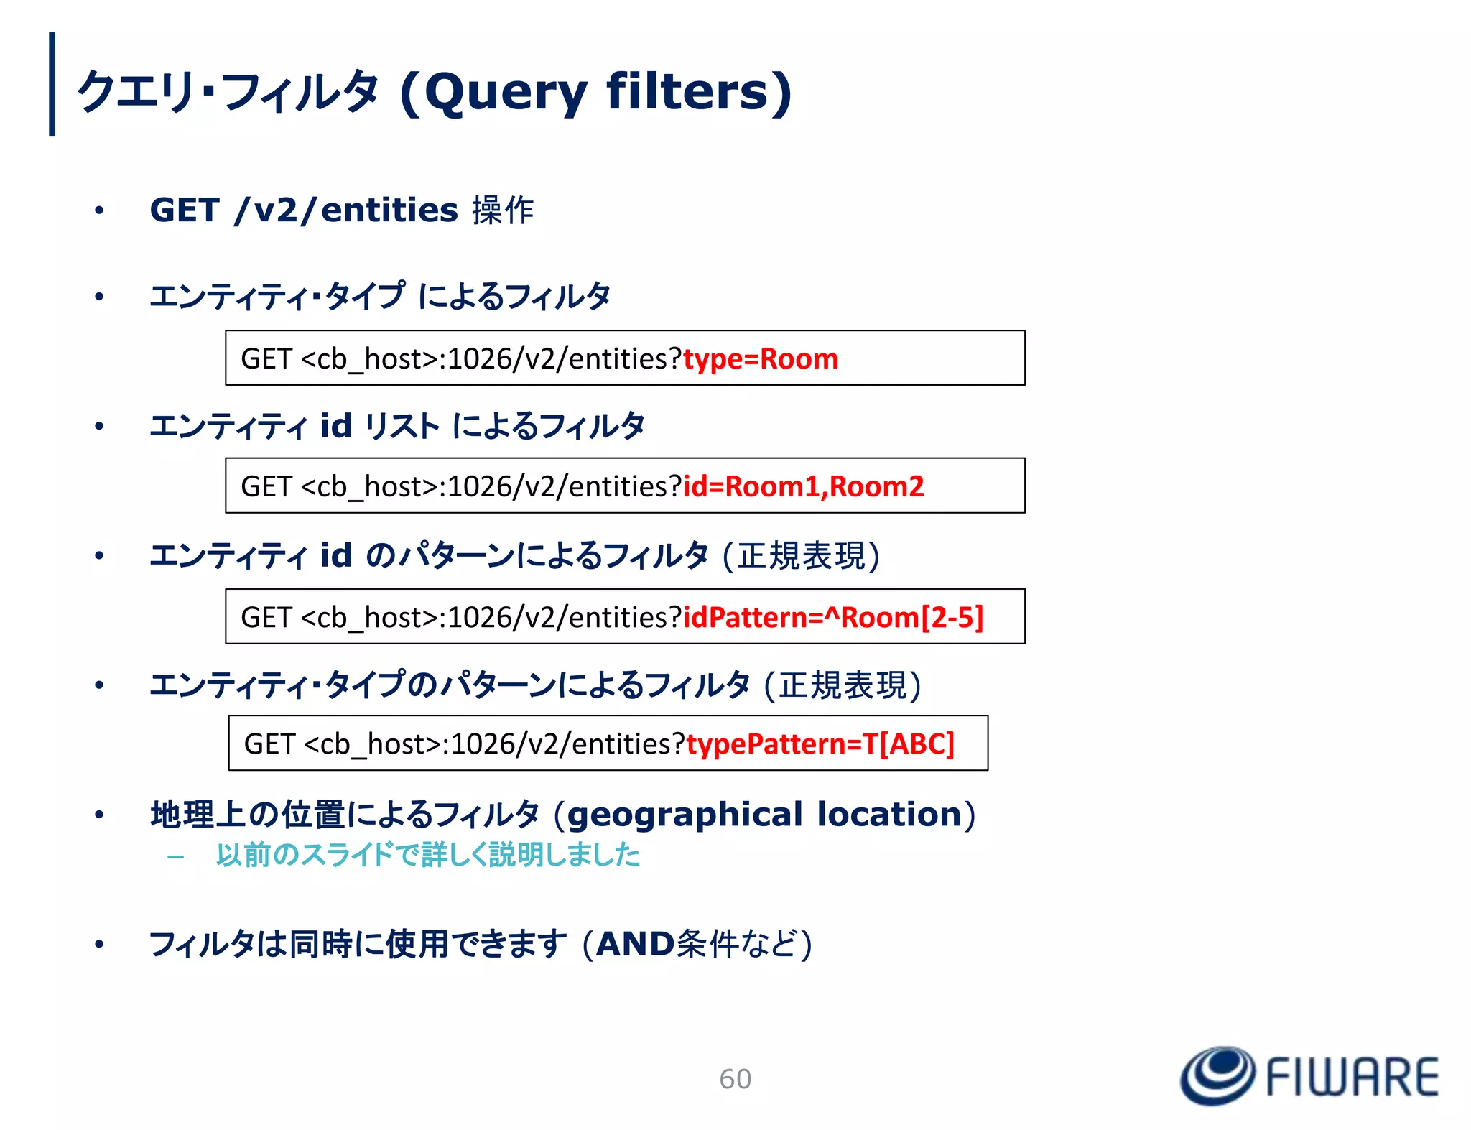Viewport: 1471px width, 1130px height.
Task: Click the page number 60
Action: point(735,1078)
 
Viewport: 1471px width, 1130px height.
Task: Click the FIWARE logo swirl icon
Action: point(1217,1075)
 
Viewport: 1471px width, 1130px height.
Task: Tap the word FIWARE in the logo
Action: point(1352,1077)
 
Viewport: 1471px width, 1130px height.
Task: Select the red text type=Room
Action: point(760,358)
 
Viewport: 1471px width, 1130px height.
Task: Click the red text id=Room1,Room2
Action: point(802,486)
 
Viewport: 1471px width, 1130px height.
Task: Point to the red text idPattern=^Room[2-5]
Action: point(832,617)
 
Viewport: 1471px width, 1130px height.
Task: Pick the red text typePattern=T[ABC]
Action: point(820,744)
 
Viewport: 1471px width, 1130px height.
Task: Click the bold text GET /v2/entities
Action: point(303,210)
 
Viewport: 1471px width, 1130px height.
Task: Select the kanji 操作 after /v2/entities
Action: point(503,210)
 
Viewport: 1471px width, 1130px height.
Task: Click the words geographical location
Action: point(764,814)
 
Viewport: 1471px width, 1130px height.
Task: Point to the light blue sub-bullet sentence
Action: point(427,855)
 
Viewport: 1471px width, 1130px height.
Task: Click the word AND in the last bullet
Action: point(635,944)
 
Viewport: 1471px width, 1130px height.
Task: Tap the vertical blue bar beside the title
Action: point(52,84)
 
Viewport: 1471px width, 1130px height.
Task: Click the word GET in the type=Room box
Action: point(266,358)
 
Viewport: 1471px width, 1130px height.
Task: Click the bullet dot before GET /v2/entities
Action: point(99,210)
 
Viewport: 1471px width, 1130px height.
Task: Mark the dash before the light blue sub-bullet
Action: point(175,856)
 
